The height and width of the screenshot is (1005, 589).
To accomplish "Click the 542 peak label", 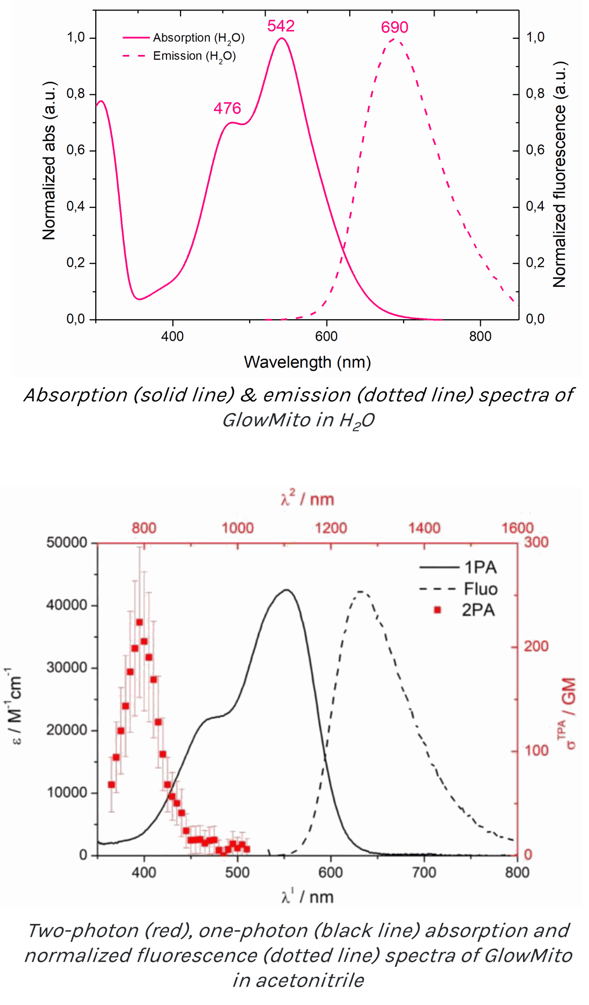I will point(281,26).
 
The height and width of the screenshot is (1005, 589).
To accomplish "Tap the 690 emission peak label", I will point(394,27).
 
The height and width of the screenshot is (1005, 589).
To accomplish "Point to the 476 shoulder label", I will point(227,108).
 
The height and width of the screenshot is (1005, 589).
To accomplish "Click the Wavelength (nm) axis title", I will point(307,362).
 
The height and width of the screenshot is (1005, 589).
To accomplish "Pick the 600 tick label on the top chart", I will point(326,337).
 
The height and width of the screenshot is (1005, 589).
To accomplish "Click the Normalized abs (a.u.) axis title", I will point(49,161).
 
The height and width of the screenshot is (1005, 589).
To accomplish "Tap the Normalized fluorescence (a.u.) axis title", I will point(559,175).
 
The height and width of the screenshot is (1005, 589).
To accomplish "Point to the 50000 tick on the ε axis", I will point(66,542).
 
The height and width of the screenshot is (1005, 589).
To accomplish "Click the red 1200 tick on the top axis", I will point(330,528).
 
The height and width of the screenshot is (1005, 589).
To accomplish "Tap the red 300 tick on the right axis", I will point(536,542).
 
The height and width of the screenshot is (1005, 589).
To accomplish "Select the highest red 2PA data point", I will point(139,622).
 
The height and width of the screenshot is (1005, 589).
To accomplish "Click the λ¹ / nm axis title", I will point(307,898).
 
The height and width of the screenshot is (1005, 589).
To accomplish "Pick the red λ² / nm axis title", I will point(307,499).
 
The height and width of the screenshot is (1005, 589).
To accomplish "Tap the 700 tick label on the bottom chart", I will point(424,873).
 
